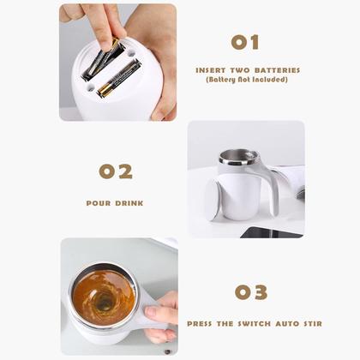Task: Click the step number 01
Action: tap(244, 42)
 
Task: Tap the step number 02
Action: tap(116, 171)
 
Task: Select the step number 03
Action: tap(251, 292)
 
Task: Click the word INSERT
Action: tap(211, 70)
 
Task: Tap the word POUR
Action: tap(99, 203)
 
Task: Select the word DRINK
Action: tap(129, 203)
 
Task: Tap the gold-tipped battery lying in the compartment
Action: tap(119, 78)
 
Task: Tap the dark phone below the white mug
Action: tap(270, 232)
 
